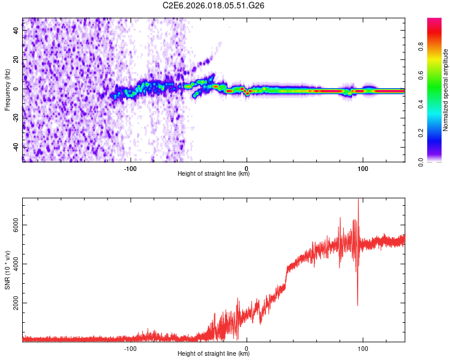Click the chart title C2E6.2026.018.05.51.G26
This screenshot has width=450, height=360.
pyautogui.click(x=214, y=5)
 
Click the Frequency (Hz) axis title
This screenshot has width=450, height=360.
pyautogui.click(x=7, y=90)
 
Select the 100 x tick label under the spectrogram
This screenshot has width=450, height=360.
pyautogui.click(x=362, y=167)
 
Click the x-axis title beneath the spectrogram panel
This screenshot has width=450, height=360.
pyautogui.click(x=214, y=174)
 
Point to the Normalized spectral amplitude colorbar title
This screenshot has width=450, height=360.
pyautogui.click(x=446, y=90)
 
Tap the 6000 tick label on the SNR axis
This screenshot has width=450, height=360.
pyautogui.click(x=13, y=225)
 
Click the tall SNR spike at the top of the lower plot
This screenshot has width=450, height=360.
pyautogui.click(x=358, y=201)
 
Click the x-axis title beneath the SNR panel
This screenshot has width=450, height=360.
pyautogui.click(x=214, y=354)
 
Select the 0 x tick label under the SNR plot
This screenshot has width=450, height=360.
pyautogui.click(x=247, y=347)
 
